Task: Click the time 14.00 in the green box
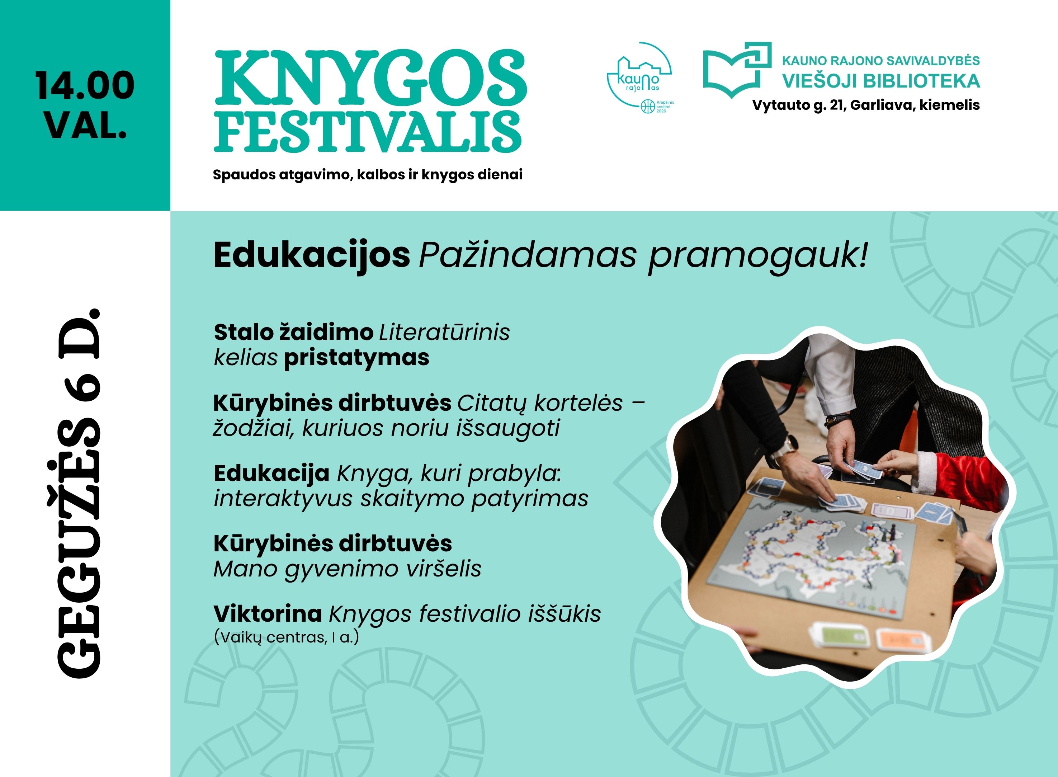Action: [x=85, y=86]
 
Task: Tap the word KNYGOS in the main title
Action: [x=370, y=77]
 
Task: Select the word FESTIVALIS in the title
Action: [x=368, y=132]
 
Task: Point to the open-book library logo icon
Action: [x=737, y=70]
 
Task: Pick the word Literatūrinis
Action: [x=444, y=332]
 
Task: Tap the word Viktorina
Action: [x=268, y=614]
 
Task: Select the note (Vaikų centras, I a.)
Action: [x=286, y=637]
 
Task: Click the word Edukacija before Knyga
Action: [x=271, y=473]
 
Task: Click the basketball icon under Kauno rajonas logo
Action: [x=648, y=105]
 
